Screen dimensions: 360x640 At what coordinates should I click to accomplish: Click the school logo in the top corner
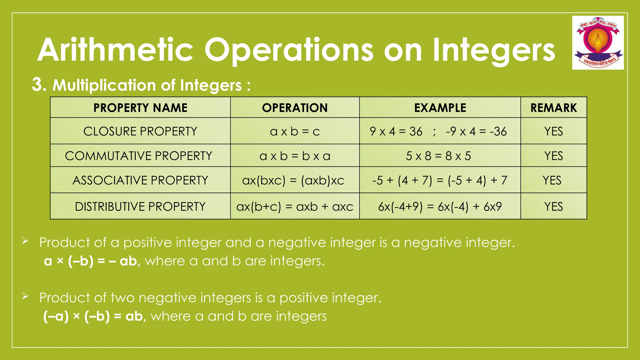pos(598,43)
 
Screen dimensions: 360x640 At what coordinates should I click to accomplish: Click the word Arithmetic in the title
pos(116,50)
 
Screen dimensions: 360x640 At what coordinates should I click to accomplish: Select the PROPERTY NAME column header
pos(140,108)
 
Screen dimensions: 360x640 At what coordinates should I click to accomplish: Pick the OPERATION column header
pos(295,108)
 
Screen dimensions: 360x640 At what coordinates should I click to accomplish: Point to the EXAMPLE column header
pos(440,108)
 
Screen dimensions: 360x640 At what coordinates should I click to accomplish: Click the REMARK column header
pos(553,108)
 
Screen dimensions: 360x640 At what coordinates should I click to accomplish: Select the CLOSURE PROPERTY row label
pos(140,131)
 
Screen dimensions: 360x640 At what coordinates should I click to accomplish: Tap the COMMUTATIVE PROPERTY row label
pos(138,156)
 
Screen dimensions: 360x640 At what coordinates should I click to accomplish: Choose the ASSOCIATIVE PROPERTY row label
pos(140,180)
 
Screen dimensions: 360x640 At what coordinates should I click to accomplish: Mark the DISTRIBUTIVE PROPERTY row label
pos(140,207)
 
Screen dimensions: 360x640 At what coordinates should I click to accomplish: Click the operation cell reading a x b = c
pos(295,132)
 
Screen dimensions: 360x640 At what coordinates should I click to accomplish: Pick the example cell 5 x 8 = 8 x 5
pos(438,156)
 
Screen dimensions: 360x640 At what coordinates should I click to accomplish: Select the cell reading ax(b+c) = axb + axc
pos(295,207)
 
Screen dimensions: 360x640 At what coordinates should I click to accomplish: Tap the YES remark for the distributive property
pos(553,207)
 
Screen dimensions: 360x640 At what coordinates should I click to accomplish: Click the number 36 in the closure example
pos(416,132)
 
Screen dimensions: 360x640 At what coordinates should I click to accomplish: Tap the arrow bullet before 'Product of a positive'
pos(25,241)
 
